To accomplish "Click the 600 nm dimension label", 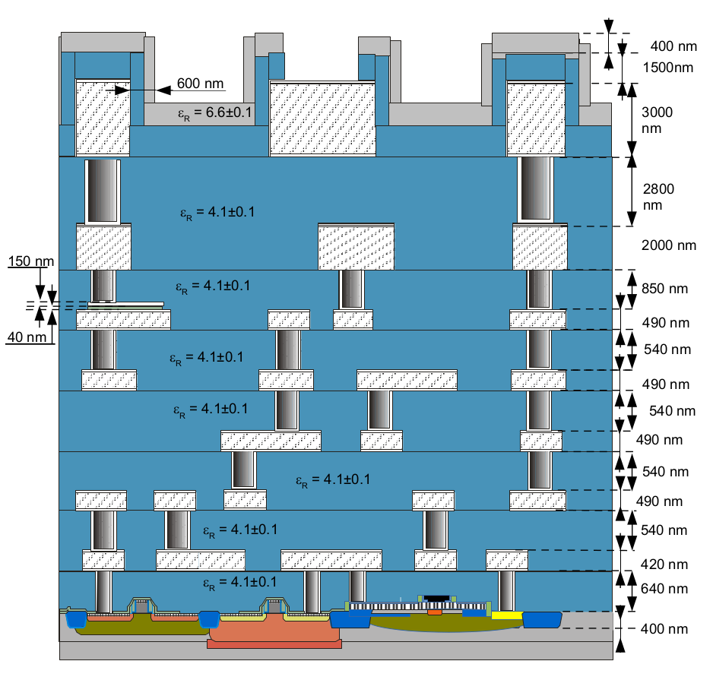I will pyautogui.click(x=201, y=83).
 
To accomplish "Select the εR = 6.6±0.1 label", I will pyautogui.click(x=215, y=113).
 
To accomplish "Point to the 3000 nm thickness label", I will pyautogui.click(x=657, y=120).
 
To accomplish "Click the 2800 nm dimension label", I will pyautogui.click(x=658, y=197).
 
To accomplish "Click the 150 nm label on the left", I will pyautogui.click(x=30, y=262).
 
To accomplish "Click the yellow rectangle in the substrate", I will pyautogui.click(x=506, y=614).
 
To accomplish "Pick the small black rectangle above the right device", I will pyautogui.click(x=435, y=599).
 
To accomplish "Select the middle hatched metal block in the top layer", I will pyautogui.click(x=322, y=118).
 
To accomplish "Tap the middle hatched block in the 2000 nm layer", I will pyautogui.click(x=356, y=248).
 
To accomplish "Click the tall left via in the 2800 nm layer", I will pyautogui.click(x=102, y=191).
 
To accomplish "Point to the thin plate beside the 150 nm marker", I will pyautogui.click(x=125, y=305).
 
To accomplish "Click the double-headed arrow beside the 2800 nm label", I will pyautogui.click(x=630, y=192).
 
